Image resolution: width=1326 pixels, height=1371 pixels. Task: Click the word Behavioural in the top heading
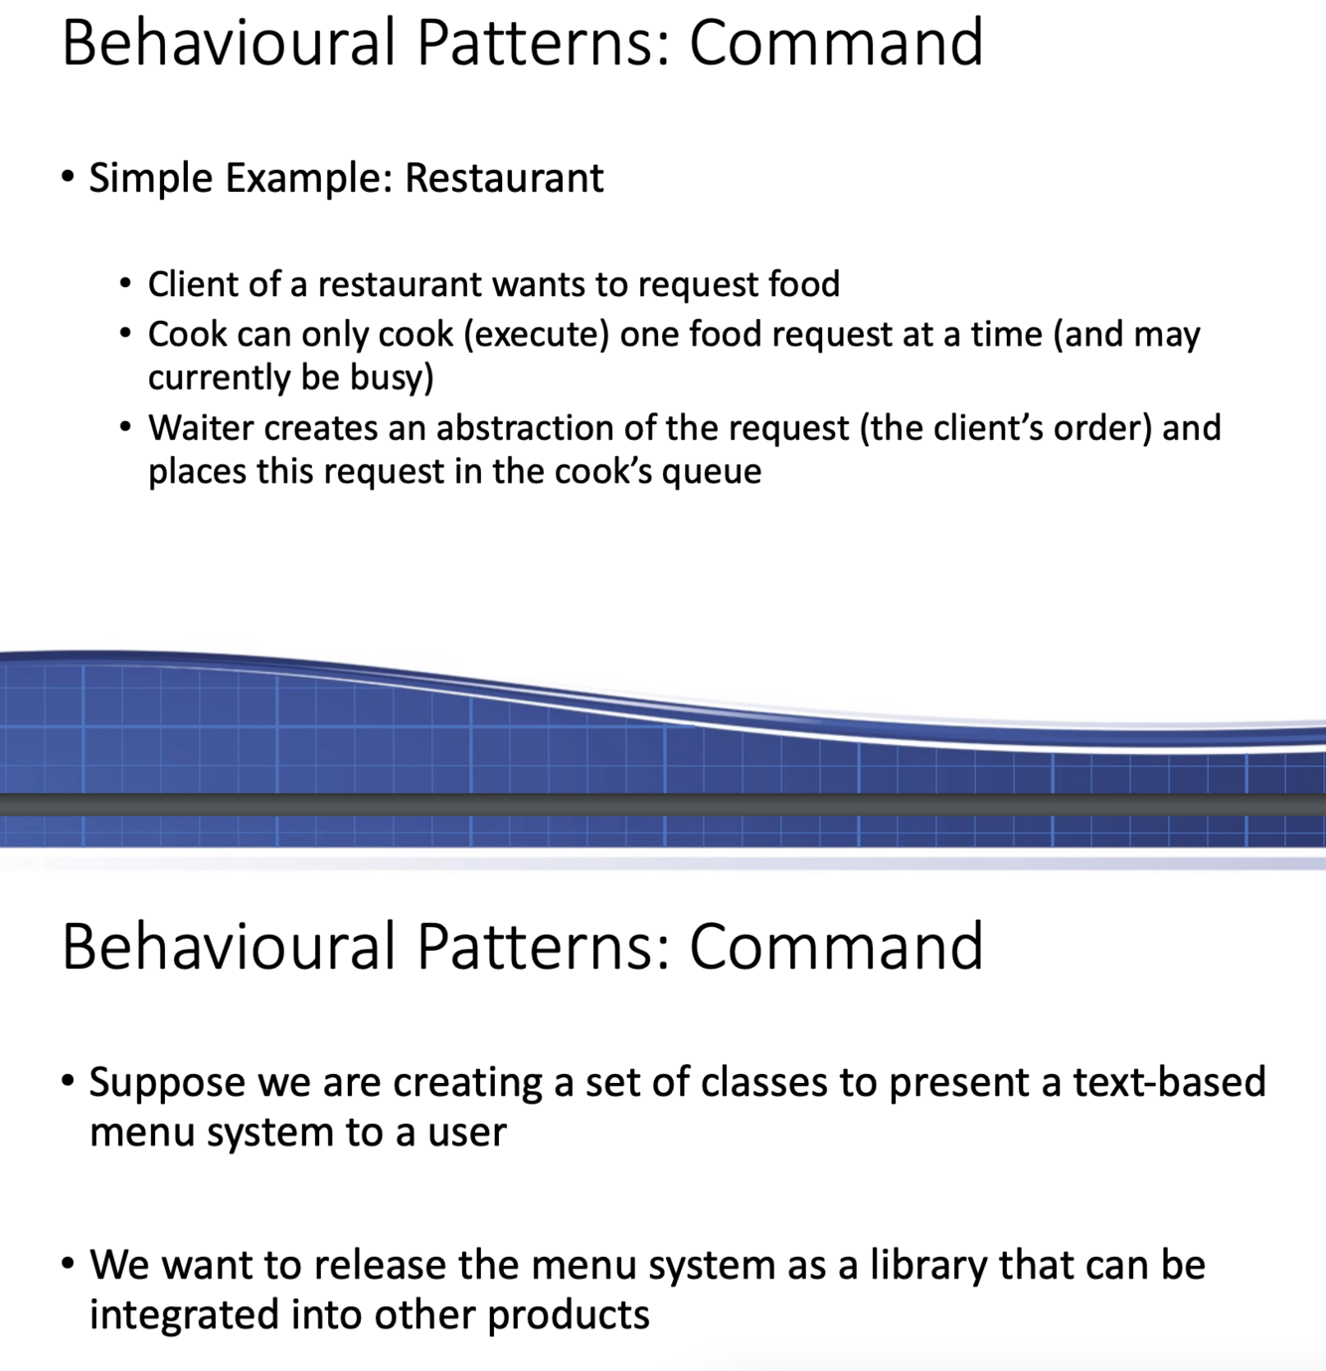pyautogui.click(x=229, y=43)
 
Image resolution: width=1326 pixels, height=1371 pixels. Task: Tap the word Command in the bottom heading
pyautogui.click(x=836, y=946)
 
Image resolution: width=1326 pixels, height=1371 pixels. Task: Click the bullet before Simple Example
pyautogui.click(x=68, y=178)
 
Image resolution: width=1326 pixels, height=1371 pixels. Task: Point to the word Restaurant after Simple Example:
pyautogui.click(x=504, y=178)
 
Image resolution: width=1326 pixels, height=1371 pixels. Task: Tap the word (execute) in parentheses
pyautogui.click(x=537, y=335)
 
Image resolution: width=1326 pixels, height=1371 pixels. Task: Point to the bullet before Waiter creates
pyautogui.click(x=125, y=427)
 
